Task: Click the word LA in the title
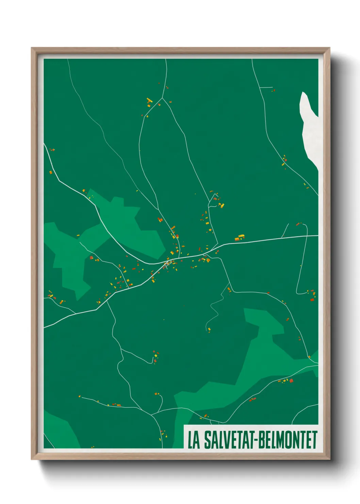tap(194, 440)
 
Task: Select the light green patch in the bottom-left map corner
tap(60, 429)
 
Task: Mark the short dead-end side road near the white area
tap(266, 88)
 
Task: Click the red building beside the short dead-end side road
tap(273, 91)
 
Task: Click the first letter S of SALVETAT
tap(207, 440)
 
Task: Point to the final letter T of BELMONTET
tap(314, 440)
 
